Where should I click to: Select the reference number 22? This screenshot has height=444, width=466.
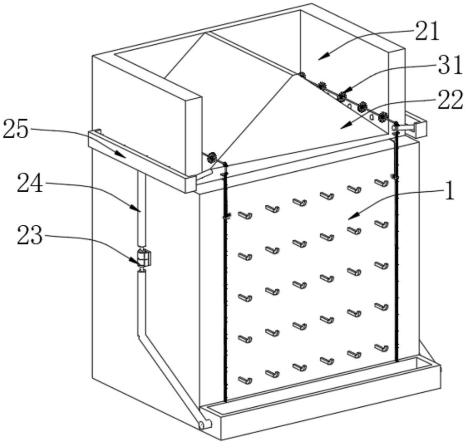coord(451,100)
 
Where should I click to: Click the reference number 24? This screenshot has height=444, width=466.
coord(30,183)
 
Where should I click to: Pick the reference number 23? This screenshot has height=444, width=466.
coord(30,235)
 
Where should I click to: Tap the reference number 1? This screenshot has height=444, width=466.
coord(449,191)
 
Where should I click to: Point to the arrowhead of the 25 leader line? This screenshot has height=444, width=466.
coord(121,154)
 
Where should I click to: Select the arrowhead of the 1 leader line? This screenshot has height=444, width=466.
coord(353,217)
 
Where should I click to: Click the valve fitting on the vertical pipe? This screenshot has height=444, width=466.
coord(144,258)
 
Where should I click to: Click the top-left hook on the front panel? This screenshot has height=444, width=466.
coord(245,215)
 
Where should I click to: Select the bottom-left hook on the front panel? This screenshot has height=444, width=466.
coord(245,380)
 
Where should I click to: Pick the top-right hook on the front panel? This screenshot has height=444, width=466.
coord(381,183)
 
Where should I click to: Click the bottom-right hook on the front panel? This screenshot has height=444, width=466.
coord(381,348)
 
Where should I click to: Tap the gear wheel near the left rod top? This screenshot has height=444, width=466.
coord(212,157)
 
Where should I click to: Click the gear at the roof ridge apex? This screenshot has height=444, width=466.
coord(302,75)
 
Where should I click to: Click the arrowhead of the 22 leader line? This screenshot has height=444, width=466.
coord(345,126)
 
